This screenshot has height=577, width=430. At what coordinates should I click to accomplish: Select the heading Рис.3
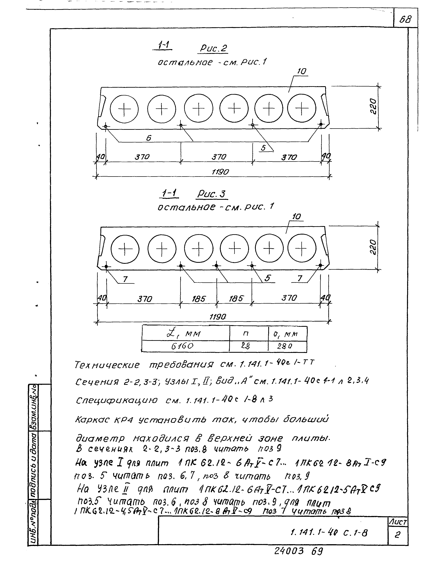click(211, 194)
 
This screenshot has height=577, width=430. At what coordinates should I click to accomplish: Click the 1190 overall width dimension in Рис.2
click(220, 172)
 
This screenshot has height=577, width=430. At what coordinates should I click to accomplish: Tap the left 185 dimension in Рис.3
click(199, 299)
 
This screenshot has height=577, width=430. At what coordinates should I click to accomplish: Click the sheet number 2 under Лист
click(398, 535)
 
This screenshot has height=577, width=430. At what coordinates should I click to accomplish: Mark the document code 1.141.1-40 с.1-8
click(329, 533)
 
